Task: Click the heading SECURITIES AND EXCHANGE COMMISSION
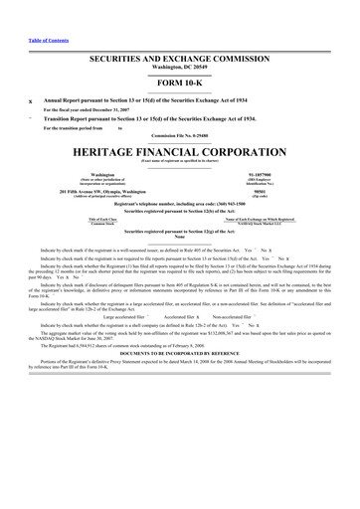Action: coord(180,60)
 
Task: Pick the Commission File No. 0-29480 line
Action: coord(180,135)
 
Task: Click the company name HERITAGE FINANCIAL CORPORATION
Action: coord(180,153)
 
